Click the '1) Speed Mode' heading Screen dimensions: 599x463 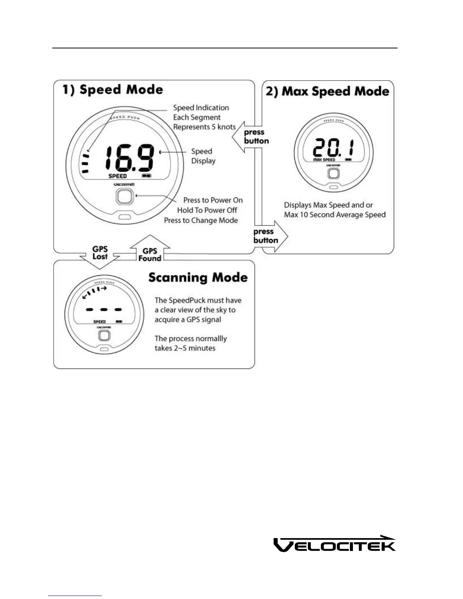pyautogui.click(x=113, y=90)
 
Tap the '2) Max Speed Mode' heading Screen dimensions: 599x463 pyautogui.click(x=328, y=92)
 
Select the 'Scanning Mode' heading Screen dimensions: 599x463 pyautogui.click(x=198, y=278)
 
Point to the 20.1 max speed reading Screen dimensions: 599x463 pyautogui.click(x=334, y=147)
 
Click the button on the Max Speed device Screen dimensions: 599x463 pyautogui.click(x=333, y=173)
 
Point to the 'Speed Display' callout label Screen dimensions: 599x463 pyautogui.click(x=203, y=156)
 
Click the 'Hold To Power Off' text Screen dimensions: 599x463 pyautogui.click(x=207, y=210)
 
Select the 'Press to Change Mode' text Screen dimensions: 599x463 pyautogui.click(x=201, y=220)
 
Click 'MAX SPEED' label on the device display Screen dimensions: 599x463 pyautogui.click(x=324, y=160)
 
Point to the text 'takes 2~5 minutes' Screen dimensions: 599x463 pyautogui.click(x=185, y=348)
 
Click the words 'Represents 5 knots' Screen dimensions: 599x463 pyautogui.click(x=204, y=127)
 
